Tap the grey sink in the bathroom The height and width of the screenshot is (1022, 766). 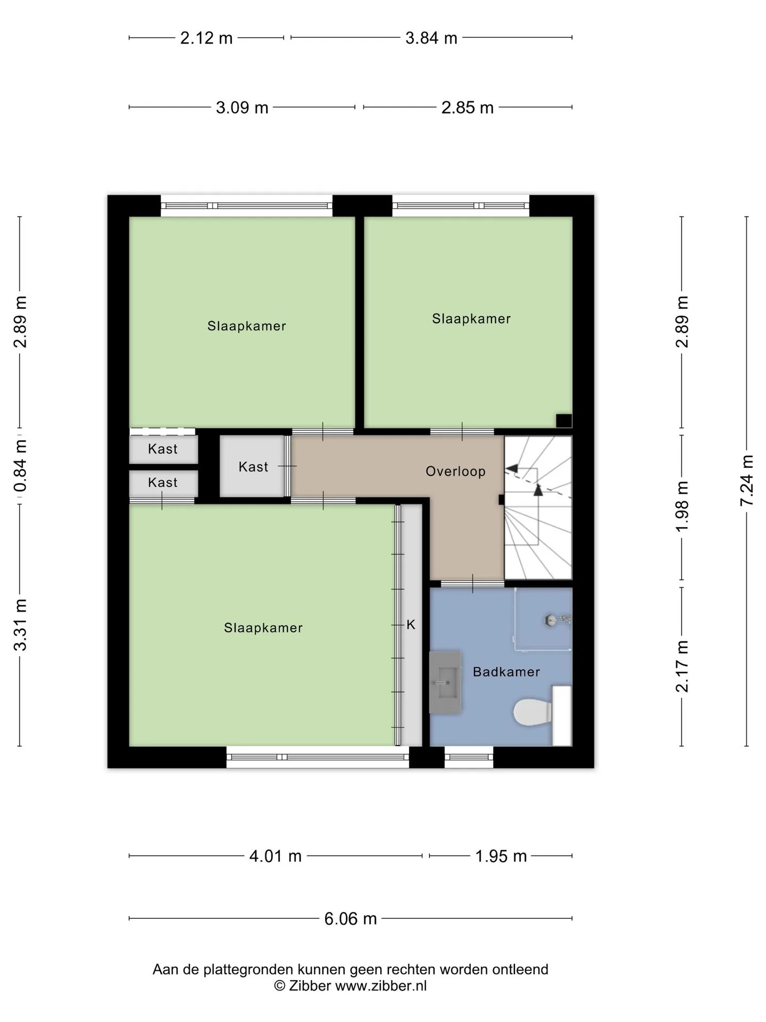coord(445,681)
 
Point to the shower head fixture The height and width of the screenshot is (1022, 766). coord(557,620)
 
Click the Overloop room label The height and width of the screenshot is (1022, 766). coord(455,471)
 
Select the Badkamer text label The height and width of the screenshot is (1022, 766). coord(506,672)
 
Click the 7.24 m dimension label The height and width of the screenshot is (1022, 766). coord(747,481)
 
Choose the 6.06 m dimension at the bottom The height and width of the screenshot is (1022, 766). coord(351,918)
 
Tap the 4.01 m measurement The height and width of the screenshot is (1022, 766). coord(276,856)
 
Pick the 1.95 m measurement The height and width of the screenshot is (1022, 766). coord(501,856)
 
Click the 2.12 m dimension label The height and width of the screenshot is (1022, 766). coord(206,38)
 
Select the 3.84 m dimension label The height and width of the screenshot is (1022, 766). coord(431,38)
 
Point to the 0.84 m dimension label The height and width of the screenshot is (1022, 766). coord(20,466)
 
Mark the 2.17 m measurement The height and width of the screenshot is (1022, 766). coord(682,666)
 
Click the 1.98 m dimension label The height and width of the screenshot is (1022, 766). coord(682,506)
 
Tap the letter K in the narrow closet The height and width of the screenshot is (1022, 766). coord(411,625)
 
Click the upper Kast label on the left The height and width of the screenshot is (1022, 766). coord(163,449)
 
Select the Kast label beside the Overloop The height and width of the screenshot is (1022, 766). coord(253,467)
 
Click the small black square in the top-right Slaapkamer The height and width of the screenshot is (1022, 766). coord(564,421)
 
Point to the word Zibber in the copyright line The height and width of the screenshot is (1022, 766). coord(310,985)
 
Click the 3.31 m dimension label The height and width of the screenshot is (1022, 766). coord(20,625)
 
